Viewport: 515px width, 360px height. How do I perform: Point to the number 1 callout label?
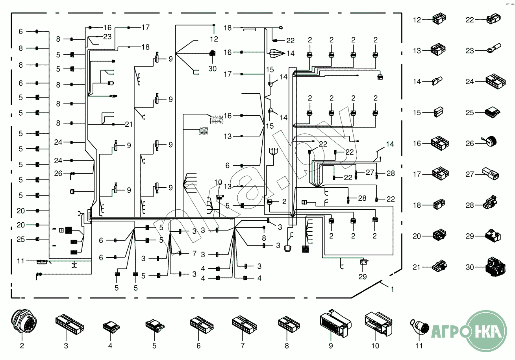[x=392, y=290]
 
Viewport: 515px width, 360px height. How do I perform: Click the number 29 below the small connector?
[x=363, y=277]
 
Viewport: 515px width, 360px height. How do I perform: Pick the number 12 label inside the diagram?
[x=214, y=39]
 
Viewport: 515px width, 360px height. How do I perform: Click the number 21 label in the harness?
[x=129, y=124]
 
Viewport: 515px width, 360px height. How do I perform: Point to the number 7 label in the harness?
[x=194, y=254]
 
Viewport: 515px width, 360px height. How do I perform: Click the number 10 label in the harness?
[x=218, y=182]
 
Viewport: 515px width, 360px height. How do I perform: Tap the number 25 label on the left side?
[x=21, y=239]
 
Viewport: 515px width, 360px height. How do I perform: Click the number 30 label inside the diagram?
[x=213, y=68]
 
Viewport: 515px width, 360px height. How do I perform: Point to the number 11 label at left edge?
[x=21, y=261]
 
